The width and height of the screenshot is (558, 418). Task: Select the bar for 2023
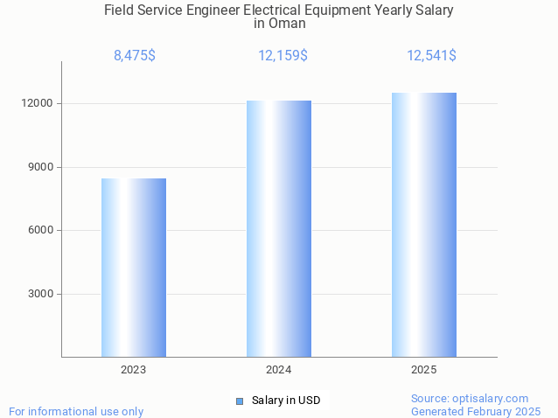point(134,268)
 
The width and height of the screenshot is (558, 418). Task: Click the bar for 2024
point(279,228)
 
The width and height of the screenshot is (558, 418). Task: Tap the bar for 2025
point(424,225)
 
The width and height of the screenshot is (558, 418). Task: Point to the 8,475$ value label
point(135,56)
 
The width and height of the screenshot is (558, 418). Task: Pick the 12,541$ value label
point(431,56)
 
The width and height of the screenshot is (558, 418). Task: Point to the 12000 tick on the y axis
point(38,103)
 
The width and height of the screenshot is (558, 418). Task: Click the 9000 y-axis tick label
point(40,167)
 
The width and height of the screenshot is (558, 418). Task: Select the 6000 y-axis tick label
point(40,230)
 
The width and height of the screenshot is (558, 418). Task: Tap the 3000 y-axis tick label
point(40,294)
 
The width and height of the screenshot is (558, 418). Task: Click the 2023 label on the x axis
point(134,371)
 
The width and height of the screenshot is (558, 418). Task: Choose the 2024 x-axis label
point(279,371)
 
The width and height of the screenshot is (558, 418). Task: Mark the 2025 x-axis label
point(424,371)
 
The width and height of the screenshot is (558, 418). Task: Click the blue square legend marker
point(240,401)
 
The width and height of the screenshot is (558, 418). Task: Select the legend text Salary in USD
point(286,401)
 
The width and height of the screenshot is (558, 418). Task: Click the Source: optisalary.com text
point(470,398)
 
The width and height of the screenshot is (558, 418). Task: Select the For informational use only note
point(76,411)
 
